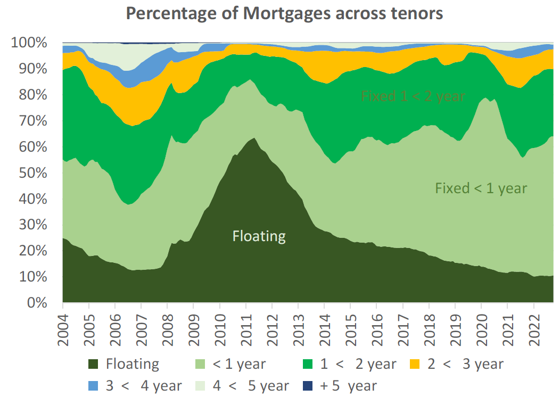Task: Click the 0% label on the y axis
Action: click(x=37, y=303)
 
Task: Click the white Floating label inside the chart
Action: click(x=259, y=236)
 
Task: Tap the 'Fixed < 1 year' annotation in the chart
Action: click(x=481, y=188)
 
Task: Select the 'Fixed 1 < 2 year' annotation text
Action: click(x=413, y=96)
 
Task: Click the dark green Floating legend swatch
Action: click(x=94, y=365)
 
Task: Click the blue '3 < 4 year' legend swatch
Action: click(x=94, y=386)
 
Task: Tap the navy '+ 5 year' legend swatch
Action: click(x=308, y=386)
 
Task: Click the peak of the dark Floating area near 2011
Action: click(x=254, y=139)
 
